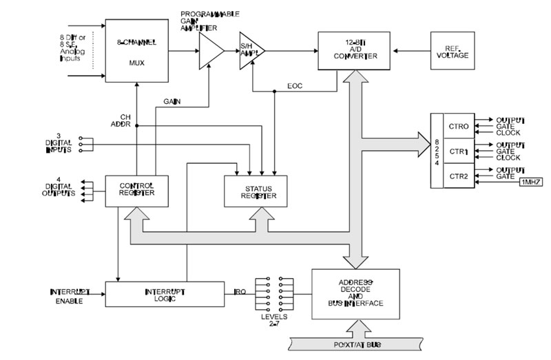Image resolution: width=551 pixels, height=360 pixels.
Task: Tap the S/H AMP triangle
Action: click(250, 50)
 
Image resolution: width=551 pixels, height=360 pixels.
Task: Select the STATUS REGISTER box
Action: click(256, 191)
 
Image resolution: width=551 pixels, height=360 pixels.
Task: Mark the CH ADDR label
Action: click(120, 121)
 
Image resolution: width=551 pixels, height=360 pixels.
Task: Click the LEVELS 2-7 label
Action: click(269, 319)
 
